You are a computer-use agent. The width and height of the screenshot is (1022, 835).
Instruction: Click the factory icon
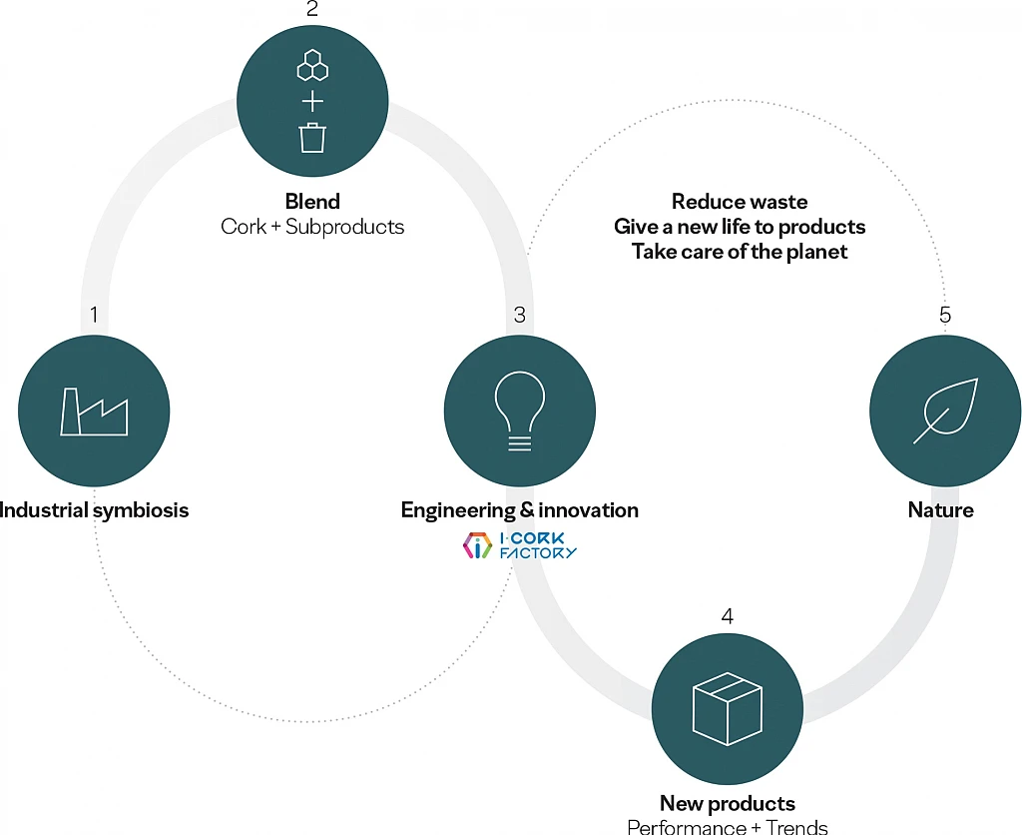tap(95, 412)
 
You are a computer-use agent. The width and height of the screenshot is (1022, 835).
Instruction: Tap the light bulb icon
tap(519, 411)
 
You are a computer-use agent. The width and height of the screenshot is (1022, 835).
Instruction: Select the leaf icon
tap(946, 411)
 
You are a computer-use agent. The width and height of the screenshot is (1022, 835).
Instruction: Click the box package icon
tap(727, 708)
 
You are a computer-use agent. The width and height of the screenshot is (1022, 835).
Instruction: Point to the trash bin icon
tap(312, 138)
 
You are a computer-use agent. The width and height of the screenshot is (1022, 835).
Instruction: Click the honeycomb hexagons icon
tap(312, 65)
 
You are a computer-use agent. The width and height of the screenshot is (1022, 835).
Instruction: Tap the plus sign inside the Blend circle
tap(312, 102)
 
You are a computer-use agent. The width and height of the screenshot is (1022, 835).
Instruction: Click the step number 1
tap(94, 315)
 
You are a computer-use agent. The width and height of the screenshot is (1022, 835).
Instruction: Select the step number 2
tap(312, 8)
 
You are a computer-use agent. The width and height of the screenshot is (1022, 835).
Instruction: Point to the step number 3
tap(519, 315)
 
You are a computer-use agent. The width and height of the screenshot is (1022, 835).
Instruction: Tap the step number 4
tap(728, 616)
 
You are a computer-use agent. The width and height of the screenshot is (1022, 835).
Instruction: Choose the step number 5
tap(945, 315)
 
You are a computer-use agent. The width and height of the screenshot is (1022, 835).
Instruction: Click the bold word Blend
tap(312, 201)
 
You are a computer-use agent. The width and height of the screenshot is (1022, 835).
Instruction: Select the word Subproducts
tap(344, 227)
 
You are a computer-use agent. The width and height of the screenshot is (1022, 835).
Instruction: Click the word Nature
tap(940, 509)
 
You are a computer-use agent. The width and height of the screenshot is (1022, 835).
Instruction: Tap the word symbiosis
tap(141, 510)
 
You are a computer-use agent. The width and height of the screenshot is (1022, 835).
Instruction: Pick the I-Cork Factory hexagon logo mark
tap(477, 545)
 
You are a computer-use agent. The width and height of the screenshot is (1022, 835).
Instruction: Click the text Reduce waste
tap(740, 202)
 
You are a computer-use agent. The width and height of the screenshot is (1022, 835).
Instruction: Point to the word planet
tap(816, 252)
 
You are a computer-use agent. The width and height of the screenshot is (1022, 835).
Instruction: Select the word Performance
tap(687, 827)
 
